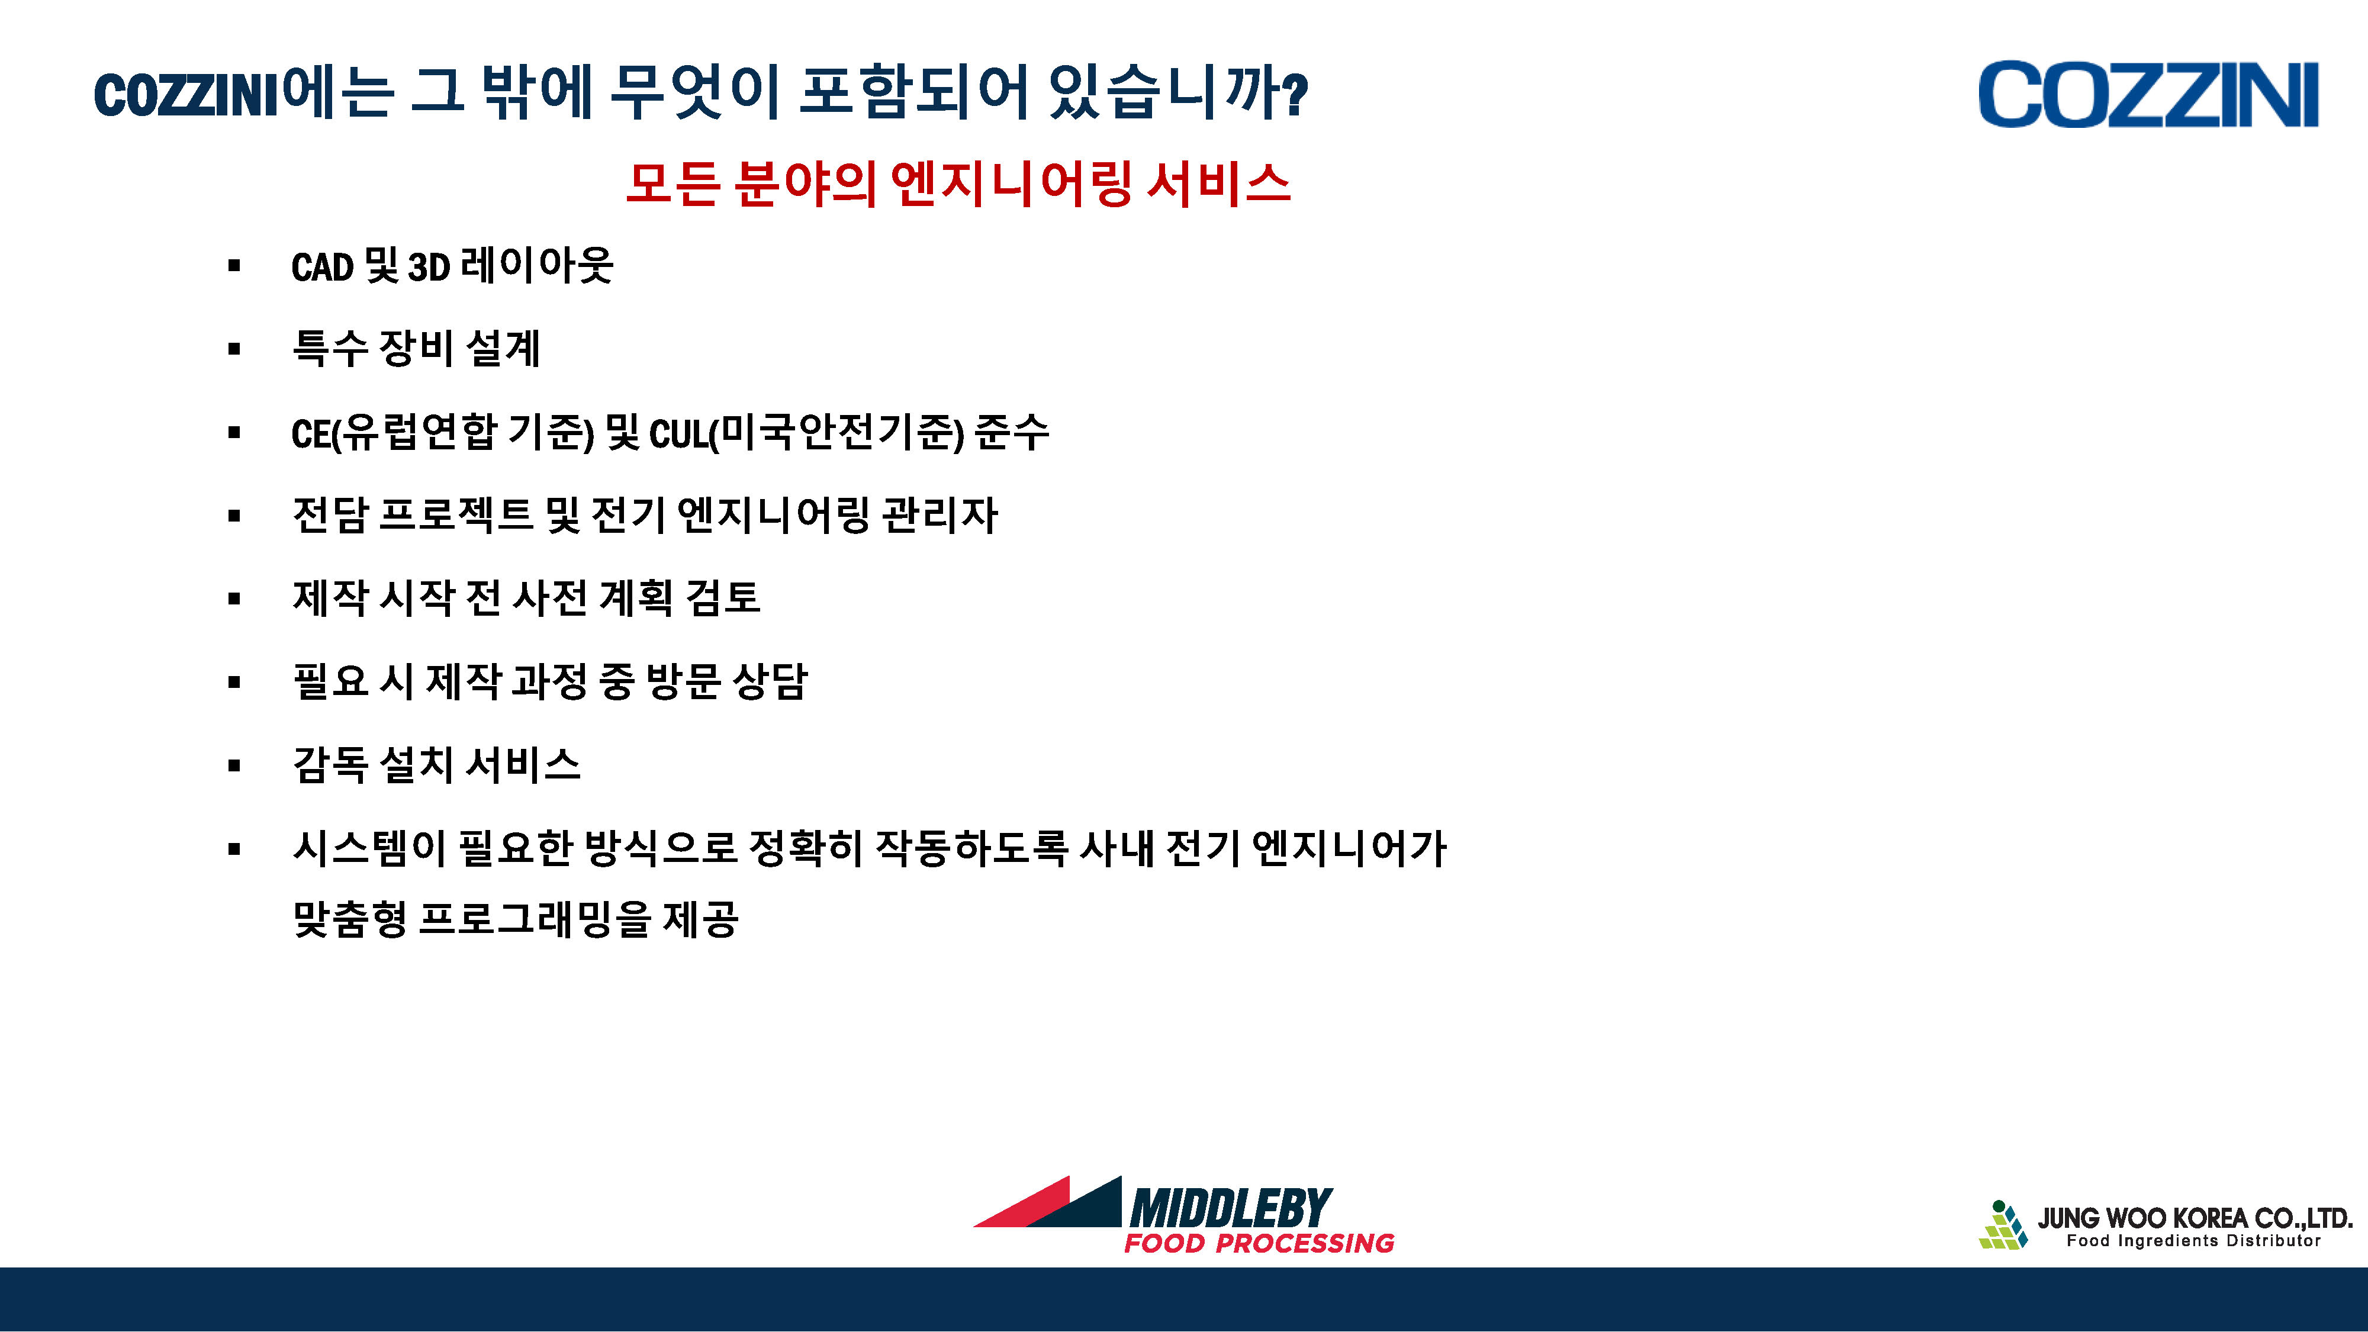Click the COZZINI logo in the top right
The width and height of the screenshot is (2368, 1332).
click(x=2148, y=95)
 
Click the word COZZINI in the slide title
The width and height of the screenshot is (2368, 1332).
click(x=186, y=95)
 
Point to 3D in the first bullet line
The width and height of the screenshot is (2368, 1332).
click(x=429, y=268)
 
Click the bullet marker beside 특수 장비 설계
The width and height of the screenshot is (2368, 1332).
click(x=234, y=349)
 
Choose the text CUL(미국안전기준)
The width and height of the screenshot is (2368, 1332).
click(x=807, y=433)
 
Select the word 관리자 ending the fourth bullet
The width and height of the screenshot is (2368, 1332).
click(x=940, y=515)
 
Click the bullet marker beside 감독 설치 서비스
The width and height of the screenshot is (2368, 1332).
click(x=234, y=765)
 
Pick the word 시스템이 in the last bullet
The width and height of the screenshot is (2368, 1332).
click(x=369, y=848)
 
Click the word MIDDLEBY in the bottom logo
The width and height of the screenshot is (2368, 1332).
click(x=1231, y=1208)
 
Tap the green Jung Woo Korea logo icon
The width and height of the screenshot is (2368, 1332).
click(x=2003, y=1225)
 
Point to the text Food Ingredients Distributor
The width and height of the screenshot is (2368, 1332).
click(x=2193, y=1241)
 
